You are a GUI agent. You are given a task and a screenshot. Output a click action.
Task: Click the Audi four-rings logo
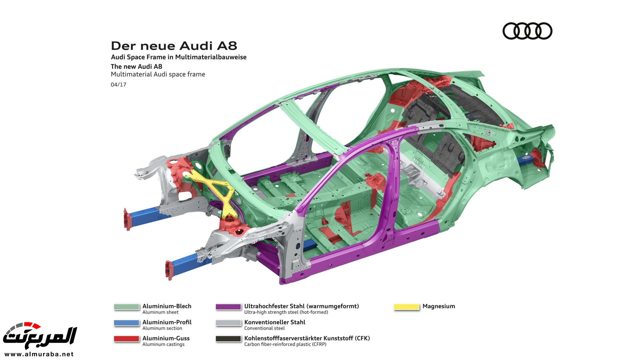click(527, 31)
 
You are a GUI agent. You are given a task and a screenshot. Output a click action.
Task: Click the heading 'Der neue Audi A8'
click(174, 46)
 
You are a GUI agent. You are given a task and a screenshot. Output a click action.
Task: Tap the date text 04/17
click(118, 85)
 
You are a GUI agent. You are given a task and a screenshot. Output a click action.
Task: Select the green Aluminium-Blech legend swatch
click(126, 307)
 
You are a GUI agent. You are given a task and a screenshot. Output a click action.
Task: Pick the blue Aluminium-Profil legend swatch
click(126, 323)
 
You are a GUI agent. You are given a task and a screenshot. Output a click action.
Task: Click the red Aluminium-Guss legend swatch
click(126, 339)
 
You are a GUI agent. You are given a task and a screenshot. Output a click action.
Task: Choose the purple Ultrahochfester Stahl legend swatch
click(228, 307)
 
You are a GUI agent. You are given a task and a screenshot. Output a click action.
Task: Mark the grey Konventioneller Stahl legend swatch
click(228, 323)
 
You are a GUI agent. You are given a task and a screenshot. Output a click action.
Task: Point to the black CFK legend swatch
click(228, 339)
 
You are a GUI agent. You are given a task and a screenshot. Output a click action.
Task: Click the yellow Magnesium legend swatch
click(406, 307)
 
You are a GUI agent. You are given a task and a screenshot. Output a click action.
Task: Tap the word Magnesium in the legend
click(439, 306)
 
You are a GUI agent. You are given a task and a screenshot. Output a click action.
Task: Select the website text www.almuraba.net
click(39, 354)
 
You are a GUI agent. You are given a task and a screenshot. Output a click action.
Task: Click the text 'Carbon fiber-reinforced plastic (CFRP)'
click(285, 344)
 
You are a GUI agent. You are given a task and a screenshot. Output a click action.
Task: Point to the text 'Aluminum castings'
click(163, 344)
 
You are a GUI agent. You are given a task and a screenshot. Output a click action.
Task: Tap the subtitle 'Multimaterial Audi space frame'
click(158, 74)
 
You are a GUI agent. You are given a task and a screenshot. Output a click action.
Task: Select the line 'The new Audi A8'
click(136, 66)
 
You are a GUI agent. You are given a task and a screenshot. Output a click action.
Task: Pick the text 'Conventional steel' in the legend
click(264, 328)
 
